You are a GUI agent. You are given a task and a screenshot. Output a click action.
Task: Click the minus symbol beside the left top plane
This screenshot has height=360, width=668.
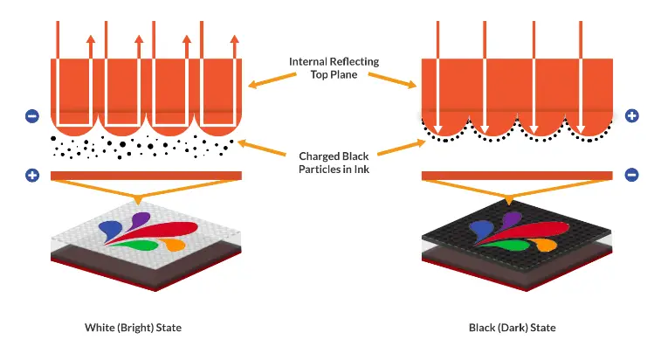click(32, 116)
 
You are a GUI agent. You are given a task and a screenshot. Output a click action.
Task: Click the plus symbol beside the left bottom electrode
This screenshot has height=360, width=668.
click(32, 175)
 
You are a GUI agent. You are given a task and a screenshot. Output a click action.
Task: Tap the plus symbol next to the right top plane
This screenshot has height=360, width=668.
click(632, 115)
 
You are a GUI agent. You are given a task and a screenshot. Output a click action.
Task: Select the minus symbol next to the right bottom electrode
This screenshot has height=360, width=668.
click(632, 175)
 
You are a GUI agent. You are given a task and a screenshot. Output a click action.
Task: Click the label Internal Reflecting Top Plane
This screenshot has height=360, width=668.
click(334, 68)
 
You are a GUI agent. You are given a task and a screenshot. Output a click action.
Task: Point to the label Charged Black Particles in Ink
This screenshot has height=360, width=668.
click(334, 163)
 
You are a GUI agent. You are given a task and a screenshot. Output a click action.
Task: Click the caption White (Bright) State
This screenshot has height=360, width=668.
click(133, 328)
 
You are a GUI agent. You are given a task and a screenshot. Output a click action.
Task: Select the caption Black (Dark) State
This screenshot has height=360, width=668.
click(512, 328)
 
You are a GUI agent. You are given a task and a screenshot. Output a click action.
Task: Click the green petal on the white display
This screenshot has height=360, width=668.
click(136, 246)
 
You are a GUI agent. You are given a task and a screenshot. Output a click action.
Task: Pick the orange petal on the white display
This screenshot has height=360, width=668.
click(175, 244)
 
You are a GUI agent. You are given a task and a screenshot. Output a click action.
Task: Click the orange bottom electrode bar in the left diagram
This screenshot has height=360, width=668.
click(146, 176)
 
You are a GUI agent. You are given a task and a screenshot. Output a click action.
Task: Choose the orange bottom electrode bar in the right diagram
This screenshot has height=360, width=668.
click(517, 176)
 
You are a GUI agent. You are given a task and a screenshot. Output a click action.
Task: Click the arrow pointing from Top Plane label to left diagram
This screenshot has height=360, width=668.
click(272, 80)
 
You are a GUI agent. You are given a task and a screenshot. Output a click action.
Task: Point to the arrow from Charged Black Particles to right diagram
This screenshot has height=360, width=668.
click(402, 148)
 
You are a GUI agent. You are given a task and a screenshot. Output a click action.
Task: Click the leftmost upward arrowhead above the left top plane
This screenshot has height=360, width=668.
click(90, 39)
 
